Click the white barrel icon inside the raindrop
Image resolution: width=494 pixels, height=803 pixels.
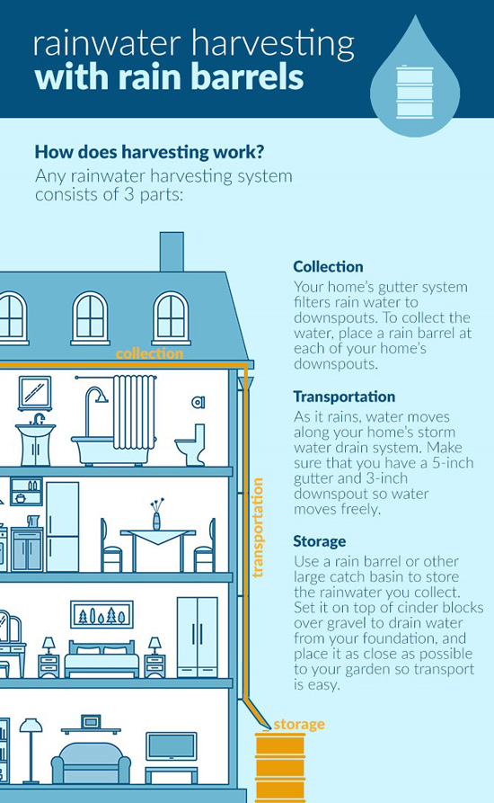click(x=415, y=91)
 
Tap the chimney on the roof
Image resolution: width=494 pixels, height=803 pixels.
click(x=172, y=252)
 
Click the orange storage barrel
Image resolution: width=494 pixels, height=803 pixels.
click(x=280, y=767)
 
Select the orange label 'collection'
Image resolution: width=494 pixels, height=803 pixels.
click(x=149, y=353)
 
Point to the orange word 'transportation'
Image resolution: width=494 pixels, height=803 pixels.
click(x=258, y=528)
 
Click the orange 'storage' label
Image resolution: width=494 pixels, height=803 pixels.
click(x=299, y=724)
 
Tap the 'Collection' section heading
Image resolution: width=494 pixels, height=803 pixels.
click(x=329, y=266)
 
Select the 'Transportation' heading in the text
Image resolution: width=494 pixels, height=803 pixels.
click(x=344, y=397)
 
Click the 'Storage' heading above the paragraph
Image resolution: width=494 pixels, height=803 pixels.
click(x=320, y=540)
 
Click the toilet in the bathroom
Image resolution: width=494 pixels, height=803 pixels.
click(x=190, y=444)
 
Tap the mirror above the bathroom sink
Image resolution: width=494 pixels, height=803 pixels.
click(x=35, y=393)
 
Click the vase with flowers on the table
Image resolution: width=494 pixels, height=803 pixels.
click(x=157, y=513)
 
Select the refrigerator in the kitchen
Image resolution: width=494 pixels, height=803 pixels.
click(x=62, y=526)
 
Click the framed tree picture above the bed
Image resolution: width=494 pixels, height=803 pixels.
click(x=101, y=614)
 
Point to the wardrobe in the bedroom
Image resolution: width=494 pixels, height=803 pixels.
click(x=198, y=637)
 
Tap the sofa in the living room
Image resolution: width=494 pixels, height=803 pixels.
click(x=91, y=763)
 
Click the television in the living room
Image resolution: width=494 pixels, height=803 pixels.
click(x=172, y=746)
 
